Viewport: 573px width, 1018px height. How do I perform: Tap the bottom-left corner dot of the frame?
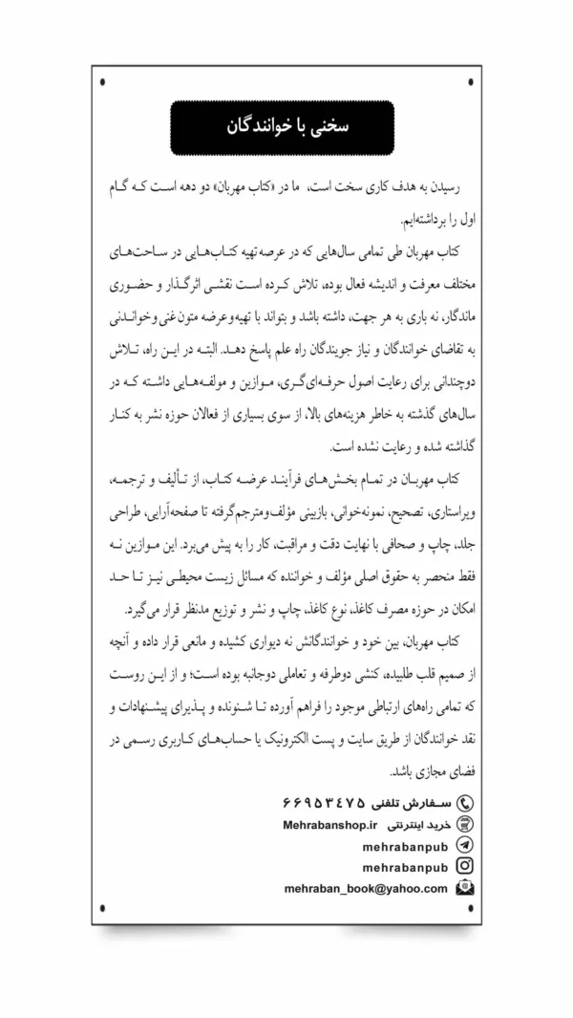click(x=104, y=907)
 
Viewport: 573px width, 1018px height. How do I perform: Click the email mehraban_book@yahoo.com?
click(x=366, y=888)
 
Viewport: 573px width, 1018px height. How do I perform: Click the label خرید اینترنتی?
click(x=423, y=824)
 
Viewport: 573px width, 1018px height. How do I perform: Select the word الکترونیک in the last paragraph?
click(x=298, y=741)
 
